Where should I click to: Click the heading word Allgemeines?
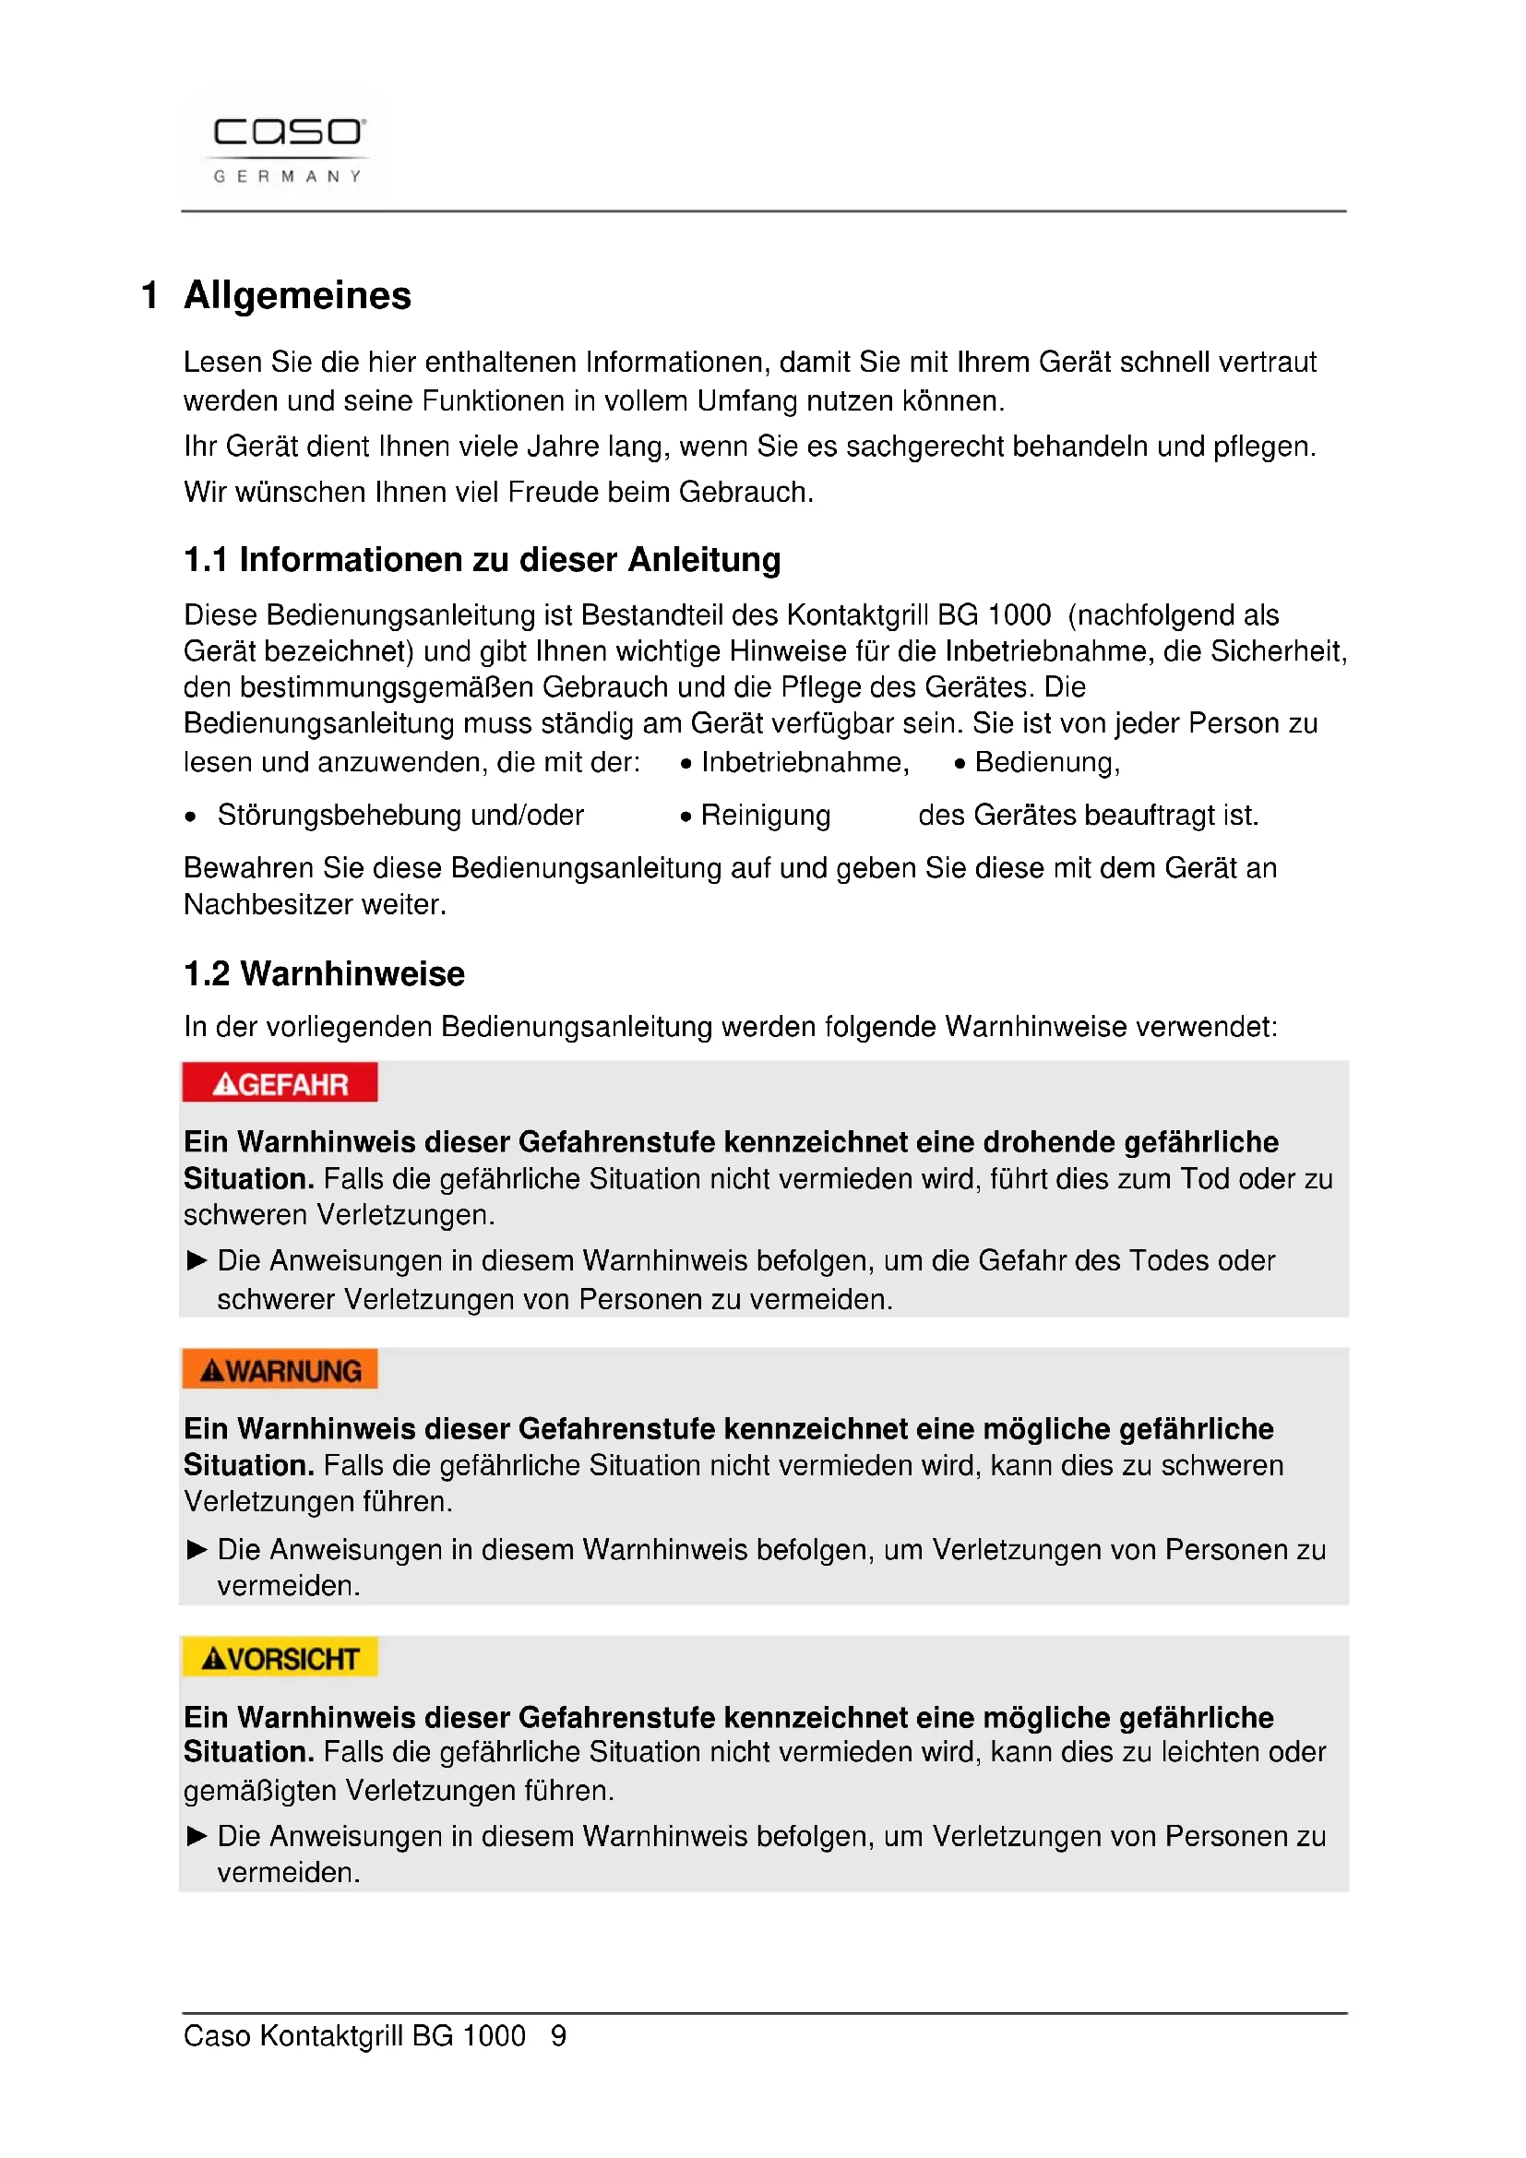[x=297, y=296]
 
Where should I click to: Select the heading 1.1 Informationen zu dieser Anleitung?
[x=481, y=560]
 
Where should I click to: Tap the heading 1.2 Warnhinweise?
[x=324, y=973]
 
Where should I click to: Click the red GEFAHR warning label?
[x=280, y=1084]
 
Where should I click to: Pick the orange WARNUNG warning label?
[x=280, y=1370]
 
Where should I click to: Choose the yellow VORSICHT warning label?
[x=280, y=1658]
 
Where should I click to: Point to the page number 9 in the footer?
[x=558, y=2036]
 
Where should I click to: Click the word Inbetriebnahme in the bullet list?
[x=805, y=762]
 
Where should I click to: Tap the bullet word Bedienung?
[x=1046, y=762]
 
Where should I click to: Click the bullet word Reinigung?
[x=765, y=815]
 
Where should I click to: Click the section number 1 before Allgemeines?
[x=149, y=296]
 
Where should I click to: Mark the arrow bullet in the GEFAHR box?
[x=197, y=1260]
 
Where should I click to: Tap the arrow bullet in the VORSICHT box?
[x=197, y=1836]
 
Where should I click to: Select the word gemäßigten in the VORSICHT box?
[x=261, y=1791]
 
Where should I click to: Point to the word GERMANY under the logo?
[x=288, y=177]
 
